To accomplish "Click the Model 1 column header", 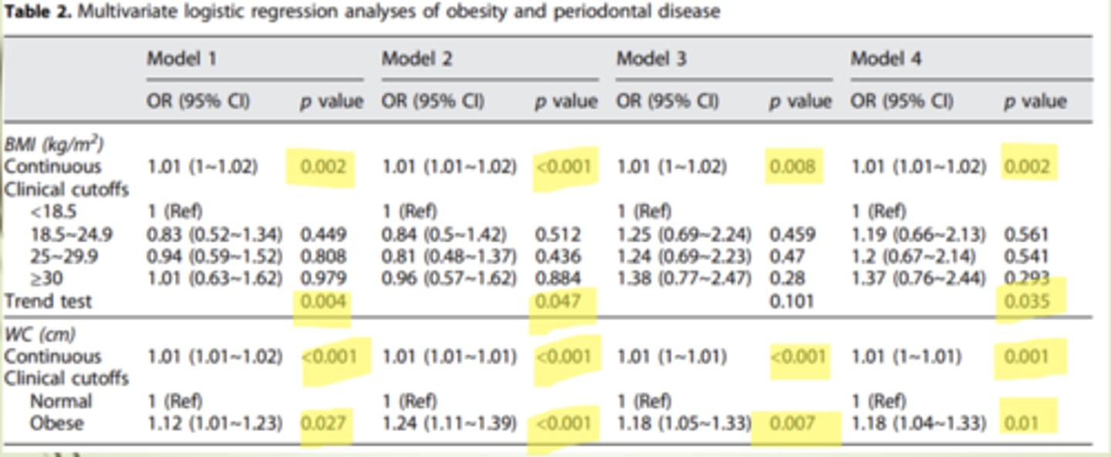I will click(183, 59).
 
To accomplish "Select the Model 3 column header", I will click(652, 59).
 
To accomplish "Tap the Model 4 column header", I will click(886, 59).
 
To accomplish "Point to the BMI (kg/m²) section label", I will click(54, 144).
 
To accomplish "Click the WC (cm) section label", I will click(39, 336).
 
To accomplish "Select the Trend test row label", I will click(48, 301).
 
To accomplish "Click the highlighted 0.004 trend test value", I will click(324, 301).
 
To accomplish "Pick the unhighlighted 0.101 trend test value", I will click(792, 301).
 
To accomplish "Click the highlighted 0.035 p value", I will click(1027, 301).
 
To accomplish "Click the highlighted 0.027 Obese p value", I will click(324, 423).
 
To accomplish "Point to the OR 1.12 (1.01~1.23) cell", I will click(214, 423).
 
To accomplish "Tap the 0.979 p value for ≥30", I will click(324, 278).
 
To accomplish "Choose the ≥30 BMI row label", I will click(42, 278).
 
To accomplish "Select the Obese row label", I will click(56, 423).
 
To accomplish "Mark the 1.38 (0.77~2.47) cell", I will click(684, 278).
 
